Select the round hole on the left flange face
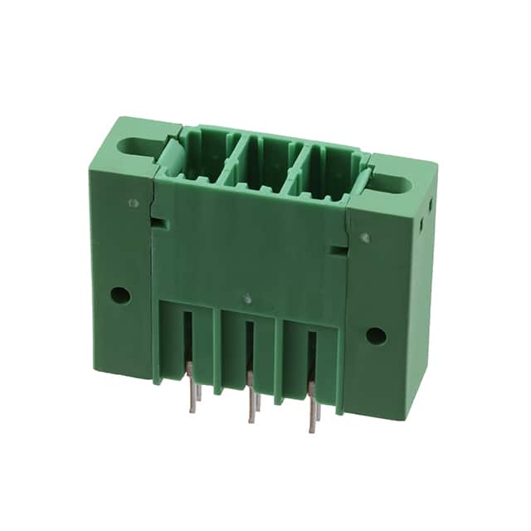tap(120, 294)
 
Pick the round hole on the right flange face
tap(376, 335)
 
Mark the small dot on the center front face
tap(246, 296)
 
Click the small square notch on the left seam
tap(158, 222)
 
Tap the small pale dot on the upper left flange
tap(134, 202)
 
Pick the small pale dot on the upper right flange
tap(365, 238)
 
